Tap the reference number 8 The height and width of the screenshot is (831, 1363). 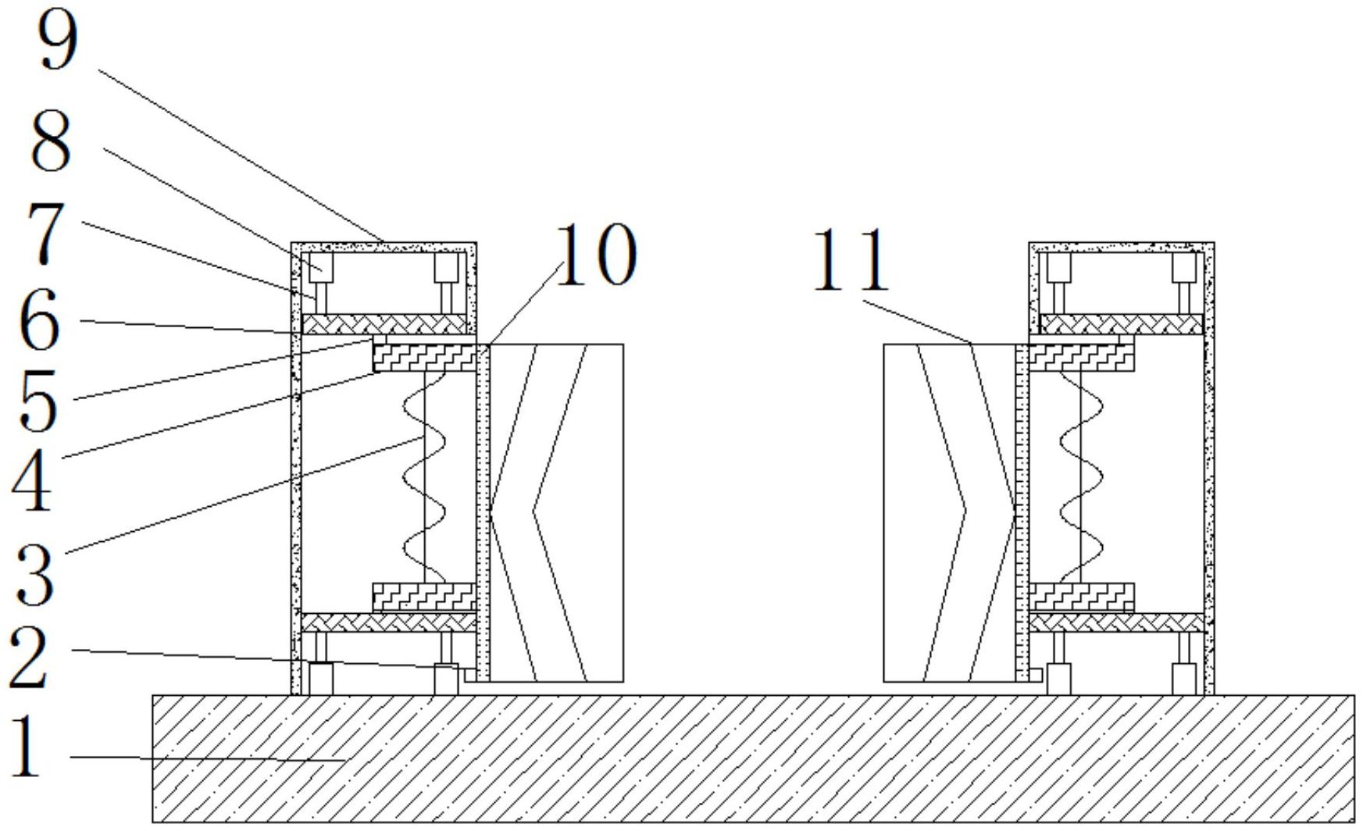(x=52, y=141)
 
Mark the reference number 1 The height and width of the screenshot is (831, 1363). (x=28, y=747)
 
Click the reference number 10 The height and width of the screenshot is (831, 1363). (x=596, y=254)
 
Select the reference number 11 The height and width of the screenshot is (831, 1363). (x=851, y=260)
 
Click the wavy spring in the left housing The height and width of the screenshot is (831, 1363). (x=424, y=476)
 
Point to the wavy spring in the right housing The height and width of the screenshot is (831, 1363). (x=1081, y=476)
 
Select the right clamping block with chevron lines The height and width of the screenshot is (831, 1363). (x=948, y=512)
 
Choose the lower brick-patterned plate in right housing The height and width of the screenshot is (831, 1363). (x=1081, y=597)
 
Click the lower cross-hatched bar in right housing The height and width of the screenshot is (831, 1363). (x=1117, y=622)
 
